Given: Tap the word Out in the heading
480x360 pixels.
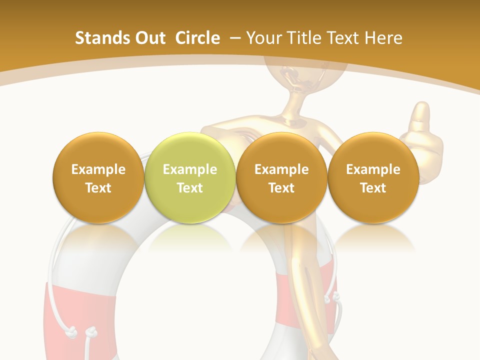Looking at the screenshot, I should pos(149,38).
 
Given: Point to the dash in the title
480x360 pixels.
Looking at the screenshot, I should pos(235,38).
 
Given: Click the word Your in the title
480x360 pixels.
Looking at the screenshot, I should pos(262,38).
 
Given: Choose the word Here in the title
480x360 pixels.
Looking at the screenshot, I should pos(383,38).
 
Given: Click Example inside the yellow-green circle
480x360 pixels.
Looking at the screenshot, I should pos(190,169).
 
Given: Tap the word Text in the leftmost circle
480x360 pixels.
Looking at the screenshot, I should pos(98,188).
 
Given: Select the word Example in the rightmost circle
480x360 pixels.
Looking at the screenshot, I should pos(373,169).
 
